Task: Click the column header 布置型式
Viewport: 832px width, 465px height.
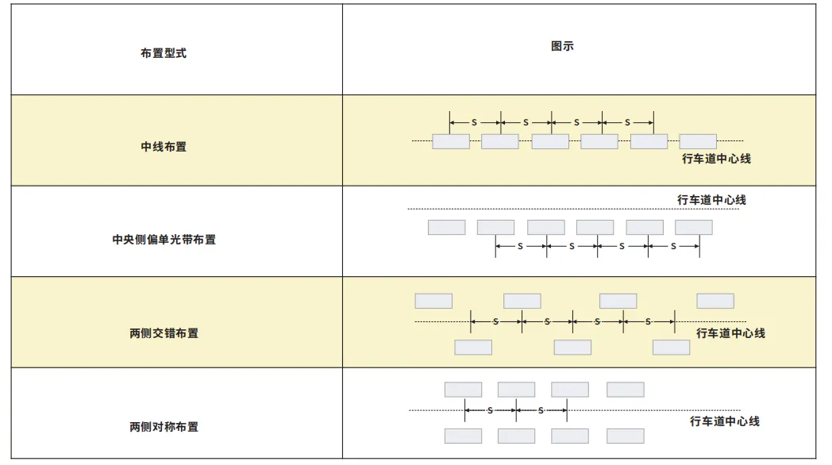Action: [164, 54]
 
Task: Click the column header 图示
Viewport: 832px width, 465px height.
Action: [562, 46]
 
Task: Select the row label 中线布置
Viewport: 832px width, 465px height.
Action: [164, 147]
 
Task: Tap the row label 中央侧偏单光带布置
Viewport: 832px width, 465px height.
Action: [164, 240]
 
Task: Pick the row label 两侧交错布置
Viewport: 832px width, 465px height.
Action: [164, 333]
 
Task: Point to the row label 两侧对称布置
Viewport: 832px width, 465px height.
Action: [164, 427]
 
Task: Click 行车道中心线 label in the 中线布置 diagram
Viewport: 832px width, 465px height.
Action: [716, 159]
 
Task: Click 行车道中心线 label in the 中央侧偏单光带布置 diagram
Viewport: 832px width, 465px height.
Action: [711, 200]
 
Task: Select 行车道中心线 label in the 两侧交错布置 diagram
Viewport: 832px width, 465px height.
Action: [730, 333]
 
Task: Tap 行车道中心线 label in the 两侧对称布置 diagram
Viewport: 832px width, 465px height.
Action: [724, 421]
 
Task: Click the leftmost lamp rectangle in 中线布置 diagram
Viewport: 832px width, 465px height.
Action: [451, 142]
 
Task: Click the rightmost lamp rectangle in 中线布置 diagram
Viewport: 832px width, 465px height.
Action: [698, 142]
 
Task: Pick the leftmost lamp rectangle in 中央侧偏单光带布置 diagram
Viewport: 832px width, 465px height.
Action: [446, 228]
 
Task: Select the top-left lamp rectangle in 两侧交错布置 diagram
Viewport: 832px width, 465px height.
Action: [433, 302]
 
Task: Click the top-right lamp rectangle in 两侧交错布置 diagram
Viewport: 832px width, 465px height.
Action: [715, 302]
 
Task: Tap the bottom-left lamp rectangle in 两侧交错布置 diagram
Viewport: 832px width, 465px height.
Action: [473, 348]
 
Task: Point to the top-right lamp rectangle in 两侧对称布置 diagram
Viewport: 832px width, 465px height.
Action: [626, 390]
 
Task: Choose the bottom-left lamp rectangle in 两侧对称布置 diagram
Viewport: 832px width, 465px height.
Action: [463, 436]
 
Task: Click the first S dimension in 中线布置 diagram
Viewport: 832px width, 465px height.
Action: [475, 122]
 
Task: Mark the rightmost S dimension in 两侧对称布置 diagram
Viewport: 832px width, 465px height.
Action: [541, 410]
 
